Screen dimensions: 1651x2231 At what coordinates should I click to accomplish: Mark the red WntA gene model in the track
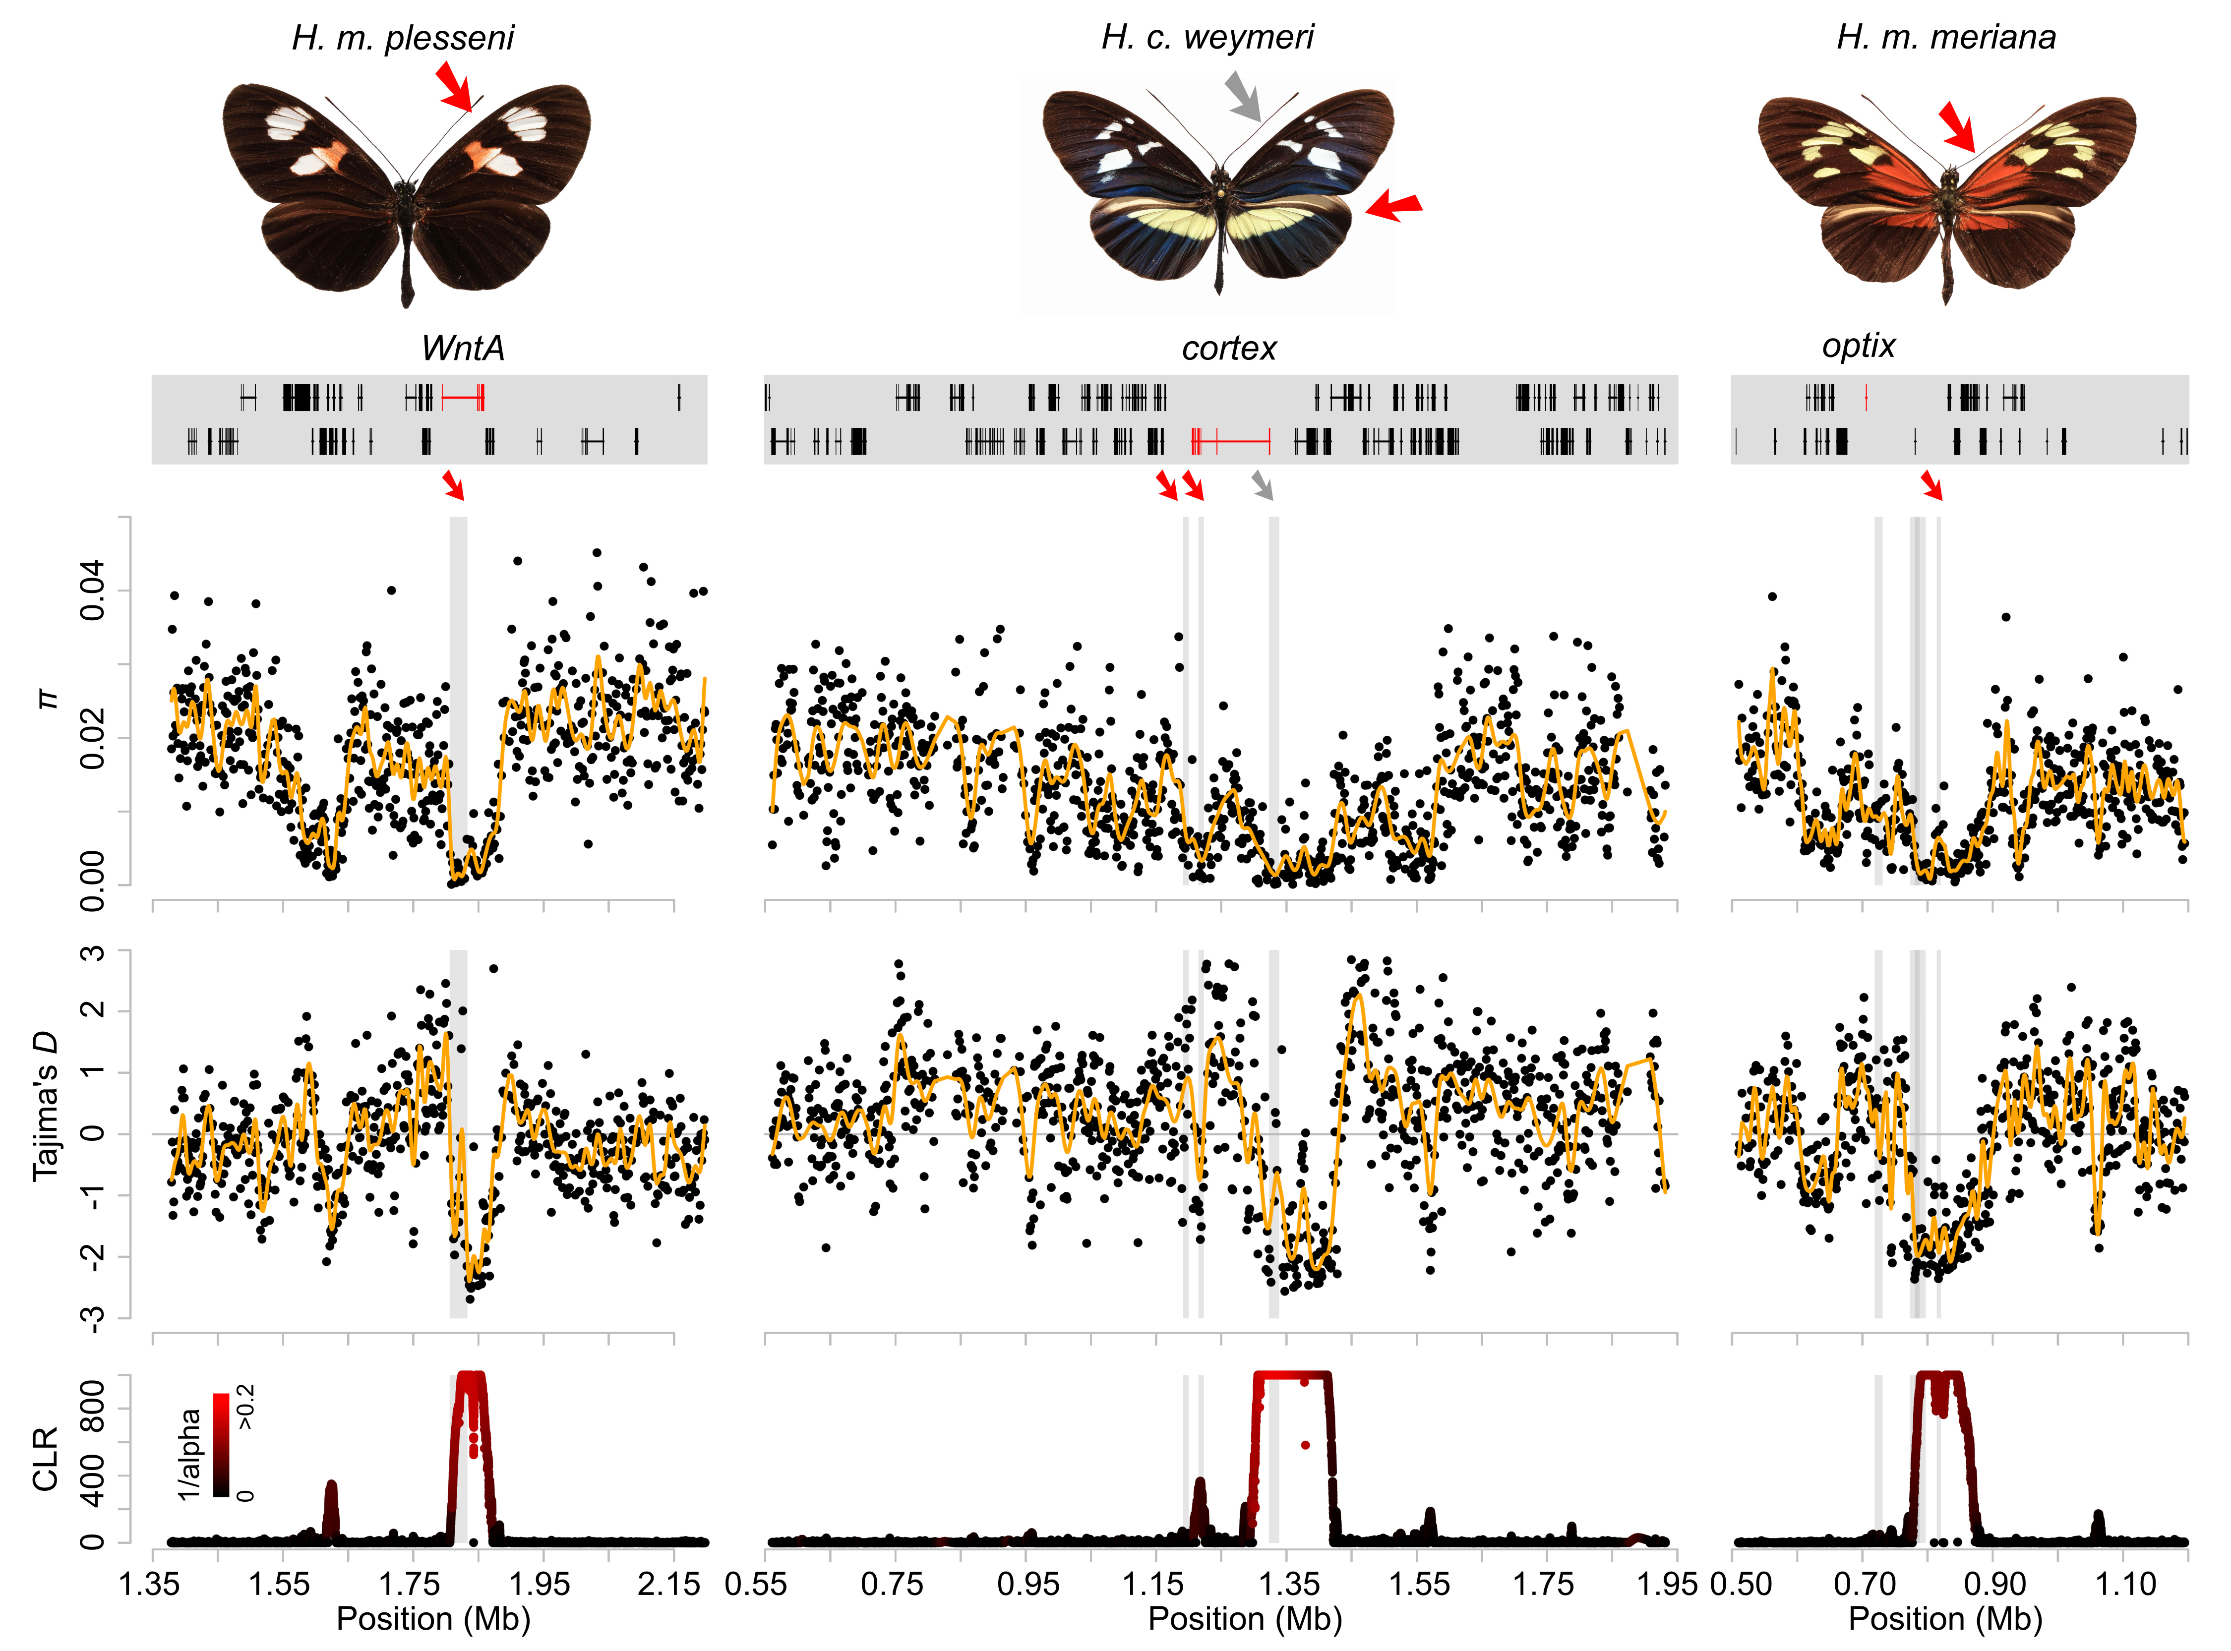(463, 398)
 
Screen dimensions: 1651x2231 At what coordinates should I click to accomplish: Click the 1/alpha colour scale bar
(221, 1444)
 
